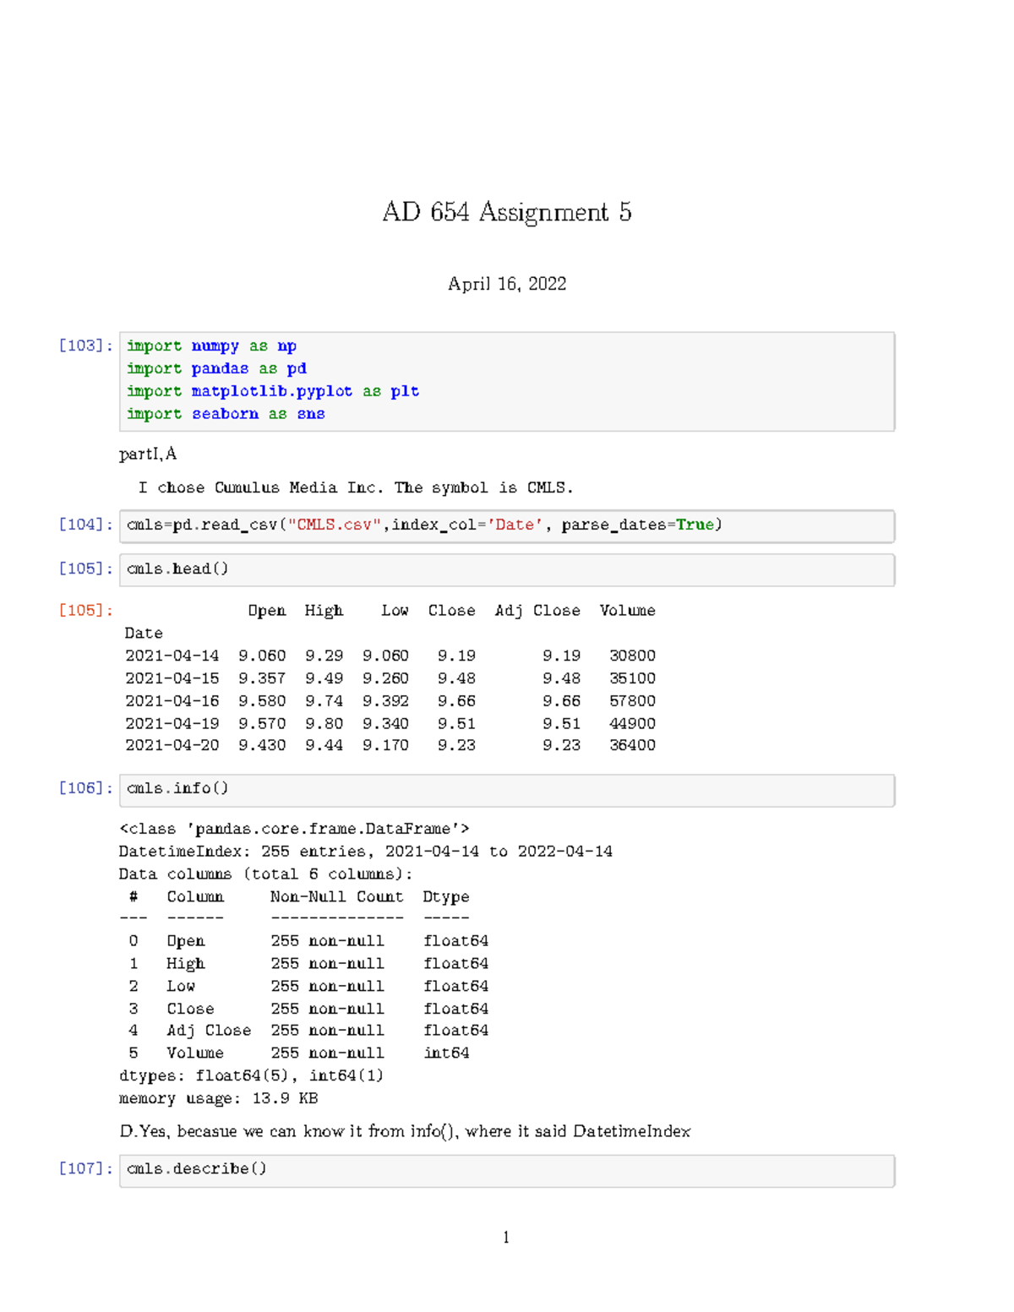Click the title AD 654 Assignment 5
click(x=506, y=211)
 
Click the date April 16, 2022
click(x=506, y=284)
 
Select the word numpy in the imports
click(x=215, y=346)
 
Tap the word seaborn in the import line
click(x=225, y=413)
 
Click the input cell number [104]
click(x=85, y=525)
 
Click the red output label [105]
click(x=85, y=610)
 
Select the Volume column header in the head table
click(x=627, y=610)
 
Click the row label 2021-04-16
click(x=172, y=700)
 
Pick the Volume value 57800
click(x=632, y=700)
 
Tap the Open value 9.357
click(x=262, y=678)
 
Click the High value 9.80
click(x=324, y=723)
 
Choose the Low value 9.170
click(x=385, y=745)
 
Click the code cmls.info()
click(x=177, y=788)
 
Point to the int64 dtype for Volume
click(x=446, y=1053)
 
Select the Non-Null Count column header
click(x=336, y=896)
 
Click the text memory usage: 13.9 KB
click(x=218, y=1098)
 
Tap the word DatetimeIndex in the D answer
click(x=631, y=1131)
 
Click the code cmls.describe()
click(x=196, y=1168)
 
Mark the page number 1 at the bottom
click(x=506, y=1238)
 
